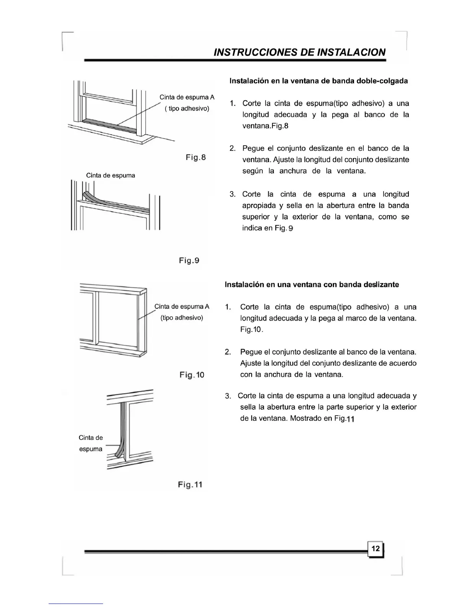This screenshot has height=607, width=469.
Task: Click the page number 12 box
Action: [x=376, y=549]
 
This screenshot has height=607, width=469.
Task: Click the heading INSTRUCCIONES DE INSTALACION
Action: [x=299, y=52]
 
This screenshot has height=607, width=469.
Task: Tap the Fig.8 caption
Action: [x=195, y=157]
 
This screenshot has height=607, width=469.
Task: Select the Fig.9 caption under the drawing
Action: [x=189, y=261]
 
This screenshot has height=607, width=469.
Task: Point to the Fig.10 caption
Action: [x=192, y=375]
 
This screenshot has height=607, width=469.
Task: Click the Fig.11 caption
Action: [x=190, y=485]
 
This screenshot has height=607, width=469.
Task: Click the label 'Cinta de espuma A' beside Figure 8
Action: [x=187, y=97]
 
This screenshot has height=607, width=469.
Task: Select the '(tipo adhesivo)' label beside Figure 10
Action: [x=182, y=318]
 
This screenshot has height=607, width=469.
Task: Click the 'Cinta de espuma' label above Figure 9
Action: [x=110, y=176]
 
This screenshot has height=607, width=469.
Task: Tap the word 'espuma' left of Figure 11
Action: [x=91, y=449]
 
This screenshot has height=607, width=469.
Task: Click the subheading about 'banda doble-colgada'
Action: [x=318, y=81]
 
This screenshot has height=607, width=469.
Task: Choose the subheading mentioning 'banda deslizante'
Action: [x=312, y=285]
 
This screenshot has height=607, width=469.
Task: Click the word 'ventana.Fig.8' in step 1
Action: [x=265, y=126]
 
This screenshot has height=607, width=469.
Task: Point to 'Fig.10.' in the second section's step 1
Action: [x=251, y=330]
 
